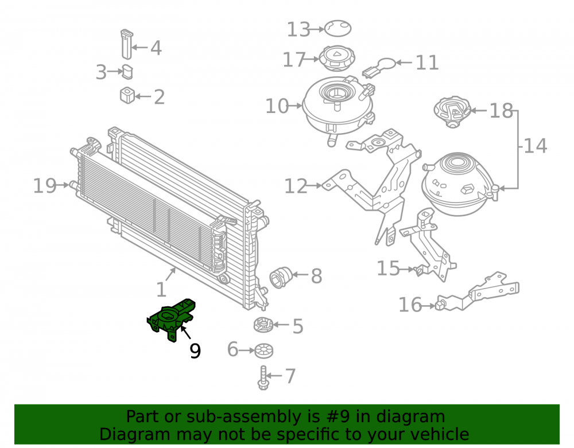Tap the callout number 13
pyautogui.click(x=298, y=30)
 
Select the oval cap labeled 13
pyautogui.click(x=338, y=28)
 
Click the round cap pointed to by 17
pyautogui.click(x=337, y=59)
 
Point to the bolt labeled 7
pyautogui.click(x=263, y=378)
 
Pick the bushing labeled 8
pyautogui.click(x=280, y=278)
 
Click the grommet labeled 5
pyautogui.click(x=263, y=325)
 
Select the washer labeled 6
pyautogui.click(x=263, y=350)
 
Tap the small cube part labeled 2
pyautogui.click(x=127, y=95)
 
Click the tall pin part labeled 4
pyautogui.click(x=127, y=44)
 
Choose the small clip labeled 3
pyautogui.click(x=127, y=72)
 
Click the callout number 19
pyautogui.click(x=45, y=186)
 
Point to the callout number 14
pyautogui.click(x=535, y=146)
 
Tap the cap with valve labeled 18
pyautogui.click(x=452, y=111)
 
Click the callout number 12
pyautogui.click(x=296, y=186)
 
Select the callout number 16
pyautogui.click(x=410, y=305)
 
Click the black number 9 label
pyautogui.click(x=195, y=350)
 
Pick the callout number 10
pyautogui.click(x=277, y=106)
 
